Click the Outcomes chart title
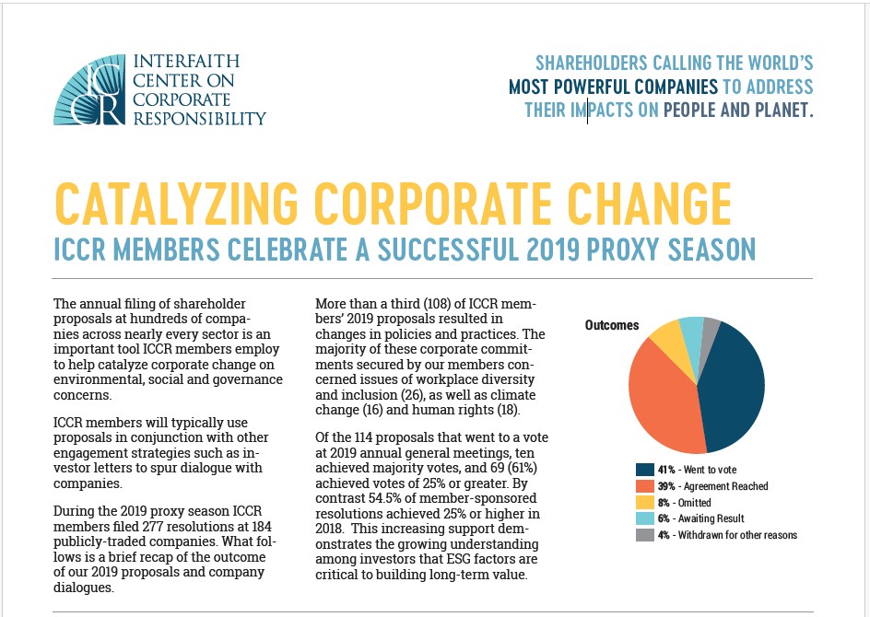(611, 325)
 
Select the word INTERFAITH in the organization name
(187, 61)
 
